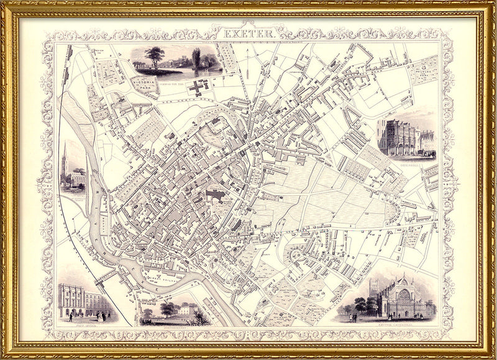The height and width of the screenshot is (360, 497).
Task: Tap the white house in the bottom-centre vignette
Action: coord(185,309)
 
